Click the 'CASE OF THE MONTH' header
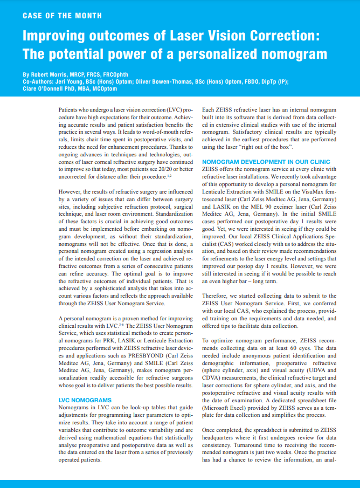62,16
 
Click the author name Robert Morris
52,74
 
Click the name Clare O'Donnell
45,88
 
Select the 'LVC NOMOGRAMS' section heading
85,400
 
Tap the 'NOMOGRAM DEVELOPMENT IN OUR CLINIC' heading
269,162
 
